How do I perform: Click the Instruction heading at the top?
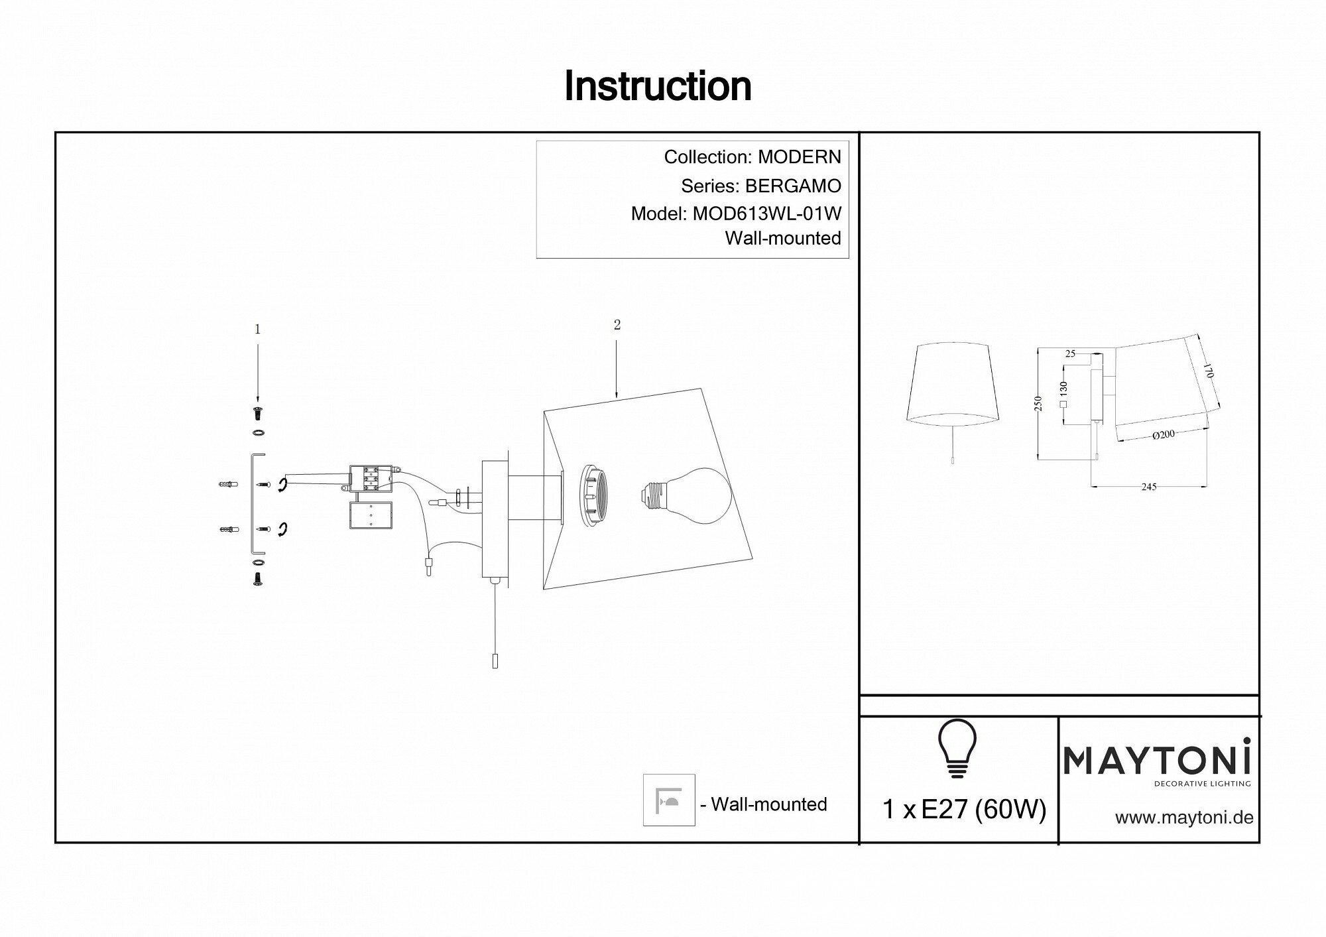pyautogui.click(x=658, y=86)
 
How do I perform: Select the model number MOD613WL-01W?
pyautogui.click(x=766, y=214)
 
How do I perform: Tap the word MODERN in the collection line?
pyautogui.click(x=799, y=157)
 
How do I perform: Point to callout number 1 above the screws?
pyautogui.click(x=257, y=330)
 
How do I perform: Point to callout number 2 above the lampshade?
pyautogui.click(x=617, y=325)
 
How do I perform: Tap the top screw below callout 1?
pyautogui.click(x=257, y=414)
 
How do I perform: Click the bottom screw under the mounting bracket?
pyautogui.click(x=257, y=579)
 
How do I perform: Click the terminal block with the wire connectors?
pyautogui.click(x=371, y=479)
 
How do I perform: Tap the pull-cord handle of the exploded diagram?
pyautogui.click(x=495, y=661)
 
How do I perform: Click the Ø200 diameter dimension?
pyautogui.click(x=1164, y=435)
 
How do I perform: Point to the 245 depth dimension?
pyautogui.click(x=1148, y=487)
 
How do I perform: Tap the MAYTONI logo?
pyautogui.click(x=1157, y=760)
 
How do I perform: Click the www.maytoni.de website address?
pyautogui.click(x=1184, y=818)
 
